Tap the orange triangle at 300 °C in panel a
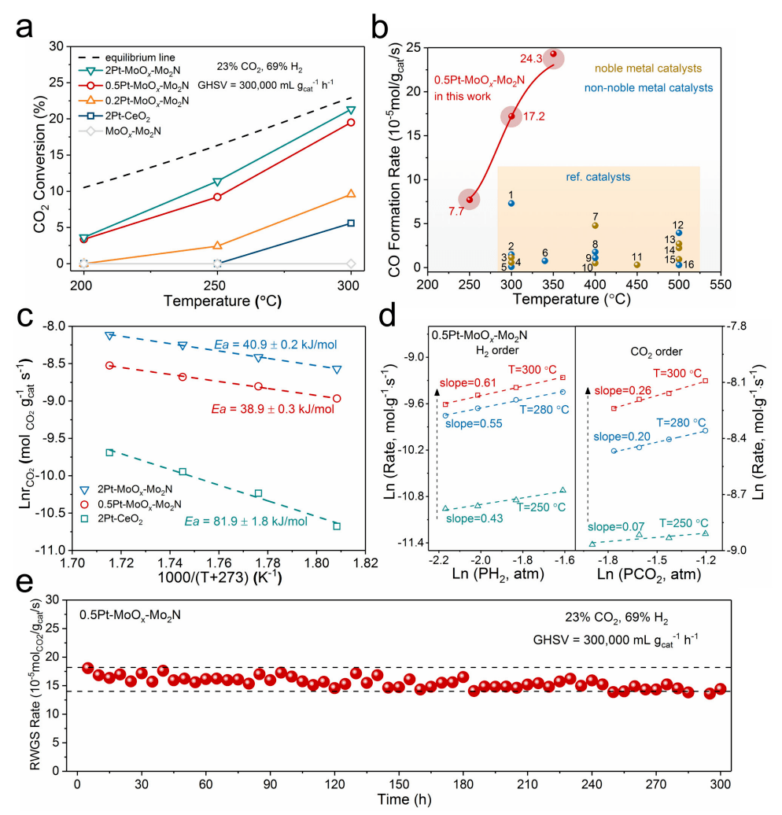click(351, 194)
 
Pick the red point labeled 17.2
click(511, 116)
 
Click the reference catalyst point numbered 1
click(511, 203)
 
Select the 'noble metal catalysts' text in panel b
click(638, 69)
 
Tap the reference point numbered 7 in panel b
click(596, 226)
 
